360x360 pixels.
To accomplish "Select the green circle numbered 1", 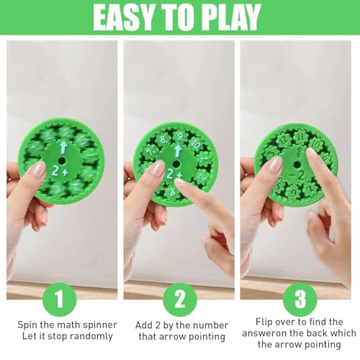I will point(60,297).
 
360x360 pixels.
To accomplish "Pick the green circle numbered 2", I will point(180,297).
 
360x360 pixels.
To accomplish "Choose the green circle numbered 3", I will point(300,297).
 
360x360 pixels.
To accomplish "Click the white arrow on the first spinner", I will point(63,148).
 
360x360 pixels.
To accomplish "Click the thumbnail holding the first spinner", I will point(38,170).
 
